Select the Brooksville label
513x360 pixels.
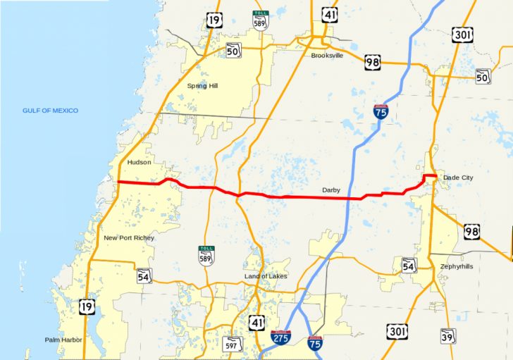(327, 55)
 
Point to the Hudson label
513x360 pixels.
(140, 162)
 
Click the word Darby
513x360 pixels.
(331, 190)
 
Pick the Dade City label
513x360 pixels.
(458, 178)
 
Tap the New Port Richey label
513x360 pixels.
(129, 238)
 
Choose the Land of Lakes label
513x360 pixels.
(266, 276)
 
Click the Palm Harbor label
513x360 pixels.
(63, 340)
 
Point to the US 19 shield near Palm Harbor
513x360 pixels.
(88, 307)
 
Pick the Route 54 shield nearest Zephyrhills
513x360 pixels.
(409, 265)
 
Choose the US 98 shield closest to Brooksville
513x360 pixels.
(373, 63)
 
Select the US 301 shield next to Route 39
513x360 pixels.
(396, 331)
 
